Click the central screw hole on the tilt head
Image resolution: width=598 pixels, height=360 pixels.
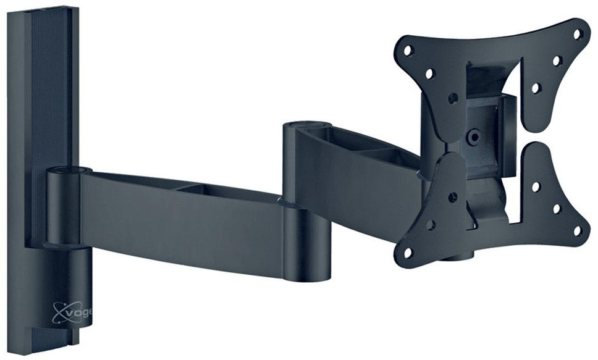click(473, 137)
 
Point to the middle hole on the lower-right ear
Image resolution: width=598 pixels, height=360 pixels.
click(557, 209)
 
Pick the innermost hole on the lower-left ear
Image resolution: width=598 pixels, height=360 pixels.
click(453, 197)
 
